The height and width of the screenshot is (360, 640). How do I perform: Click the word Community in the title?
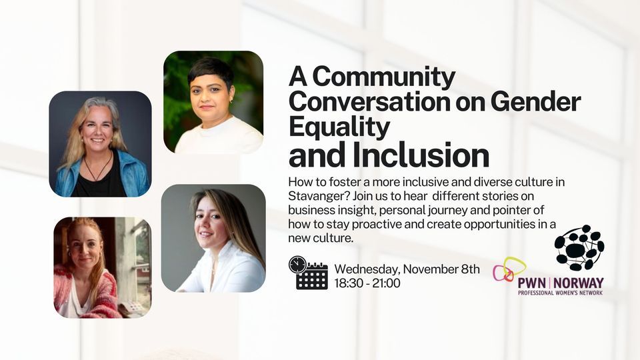click(x=384, y=78)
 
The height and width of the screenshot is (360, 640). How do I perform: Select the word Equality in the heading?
click(x=339, y=127)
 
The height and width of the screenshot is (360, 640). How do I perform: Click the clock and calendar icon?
click(x=308, y=273)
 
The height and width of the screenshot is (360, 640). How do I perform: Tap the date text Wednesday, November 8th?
click(x=407, y=269)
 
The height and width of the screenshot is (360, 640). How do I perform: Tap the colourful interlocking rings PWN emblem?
click(x=509, y=270)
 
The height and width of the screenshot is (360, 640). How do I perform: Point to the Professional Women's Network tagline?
click(x=560, y=292)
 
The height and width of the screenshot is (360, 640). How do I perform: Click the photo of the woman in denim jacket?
click(x=100, y=143)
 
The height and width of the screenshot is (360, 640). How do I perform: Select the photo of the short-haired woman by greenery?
click(x=213, y=102)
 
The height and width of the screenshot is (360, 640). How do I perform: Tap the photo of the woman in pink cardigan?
click(x=102, y=267)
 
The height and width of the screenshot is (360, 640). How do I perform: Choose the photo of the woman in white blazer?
click(x=213, y=238)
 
